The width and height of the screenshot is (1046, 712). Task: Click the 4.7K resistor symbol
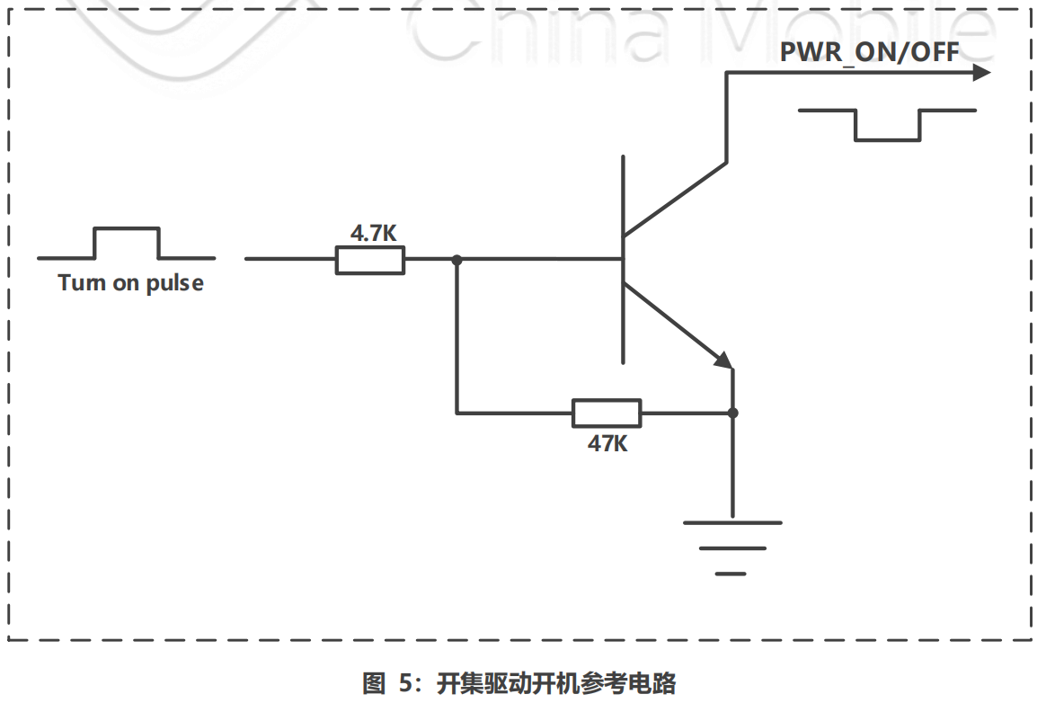click(x=370, y=260)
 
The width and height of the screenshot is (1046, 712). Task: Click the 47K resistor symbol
click(x=607, y=413)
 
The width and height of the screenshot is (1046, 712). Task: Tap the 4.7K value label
click(x=373, y=234)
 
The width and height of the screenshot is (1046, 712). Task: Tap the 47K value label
click(x=607, y=442)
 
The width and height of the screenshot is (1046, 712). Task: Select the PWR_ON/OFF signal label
click(x=869, y=51)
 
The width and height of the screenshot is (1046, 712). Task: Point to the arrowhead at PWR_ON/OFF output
click(x=982, y=73)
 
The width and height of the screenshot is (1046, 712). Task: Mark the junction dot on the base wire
click(x=457, y=260)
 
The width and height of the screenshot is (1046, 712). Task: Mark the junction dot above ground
click(x=732, y=413)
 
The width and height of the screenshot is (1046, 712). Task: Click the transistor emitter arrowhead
click(x=724, y=360)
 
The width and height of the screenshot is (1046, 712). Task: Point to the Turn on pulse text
click(x=130, y=283)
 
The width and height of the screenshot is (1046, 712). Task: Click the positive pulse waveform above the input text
click(x=126, y=243)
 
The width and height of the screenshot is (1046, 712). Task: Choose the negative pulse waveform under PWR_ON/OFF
click(x=887, y=125)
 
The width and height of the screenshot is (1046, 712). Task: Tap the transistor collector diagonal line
click(x=675, y=199)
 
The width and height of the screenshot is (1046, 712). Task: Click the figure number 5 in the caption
click(x=403, y=683)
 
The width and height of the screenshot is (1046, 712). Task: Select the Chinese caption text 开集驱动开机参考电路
click(x=556, y=683)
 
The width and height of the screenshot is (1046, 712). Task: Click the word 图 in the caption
click(x=373, y=683)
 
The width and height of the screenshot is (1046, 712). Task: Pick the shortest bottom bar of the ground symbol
click(x=731, y=572)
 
